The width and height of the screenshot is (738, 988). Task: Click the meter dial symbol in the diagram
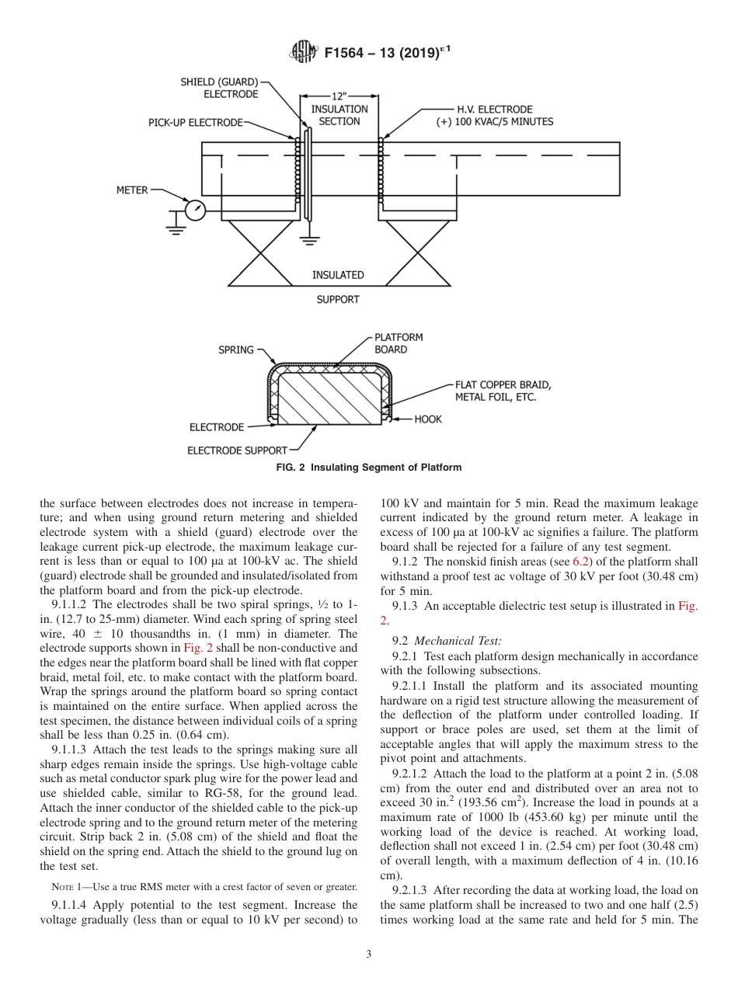click(196, 210)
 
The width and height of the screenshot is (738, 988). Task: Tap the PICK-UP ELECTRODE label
click(196, 123)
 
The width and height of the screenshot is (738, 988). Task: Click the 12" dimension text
click(339, 97)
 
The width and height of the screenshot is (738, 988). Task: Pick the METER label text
click(132, 190)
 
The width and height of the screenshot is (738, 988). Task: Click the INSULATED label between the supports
click(338, 275)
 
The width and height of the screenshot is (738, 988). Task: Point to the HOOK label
click(427, 419)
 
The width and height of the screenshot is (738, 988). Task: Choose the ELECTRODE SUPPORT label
click(238, 450)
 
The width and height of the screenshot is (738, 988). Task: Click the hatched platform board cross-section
click(329, 397)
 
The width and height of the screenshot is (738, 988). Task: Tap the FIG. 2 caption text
click(369, 468)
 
